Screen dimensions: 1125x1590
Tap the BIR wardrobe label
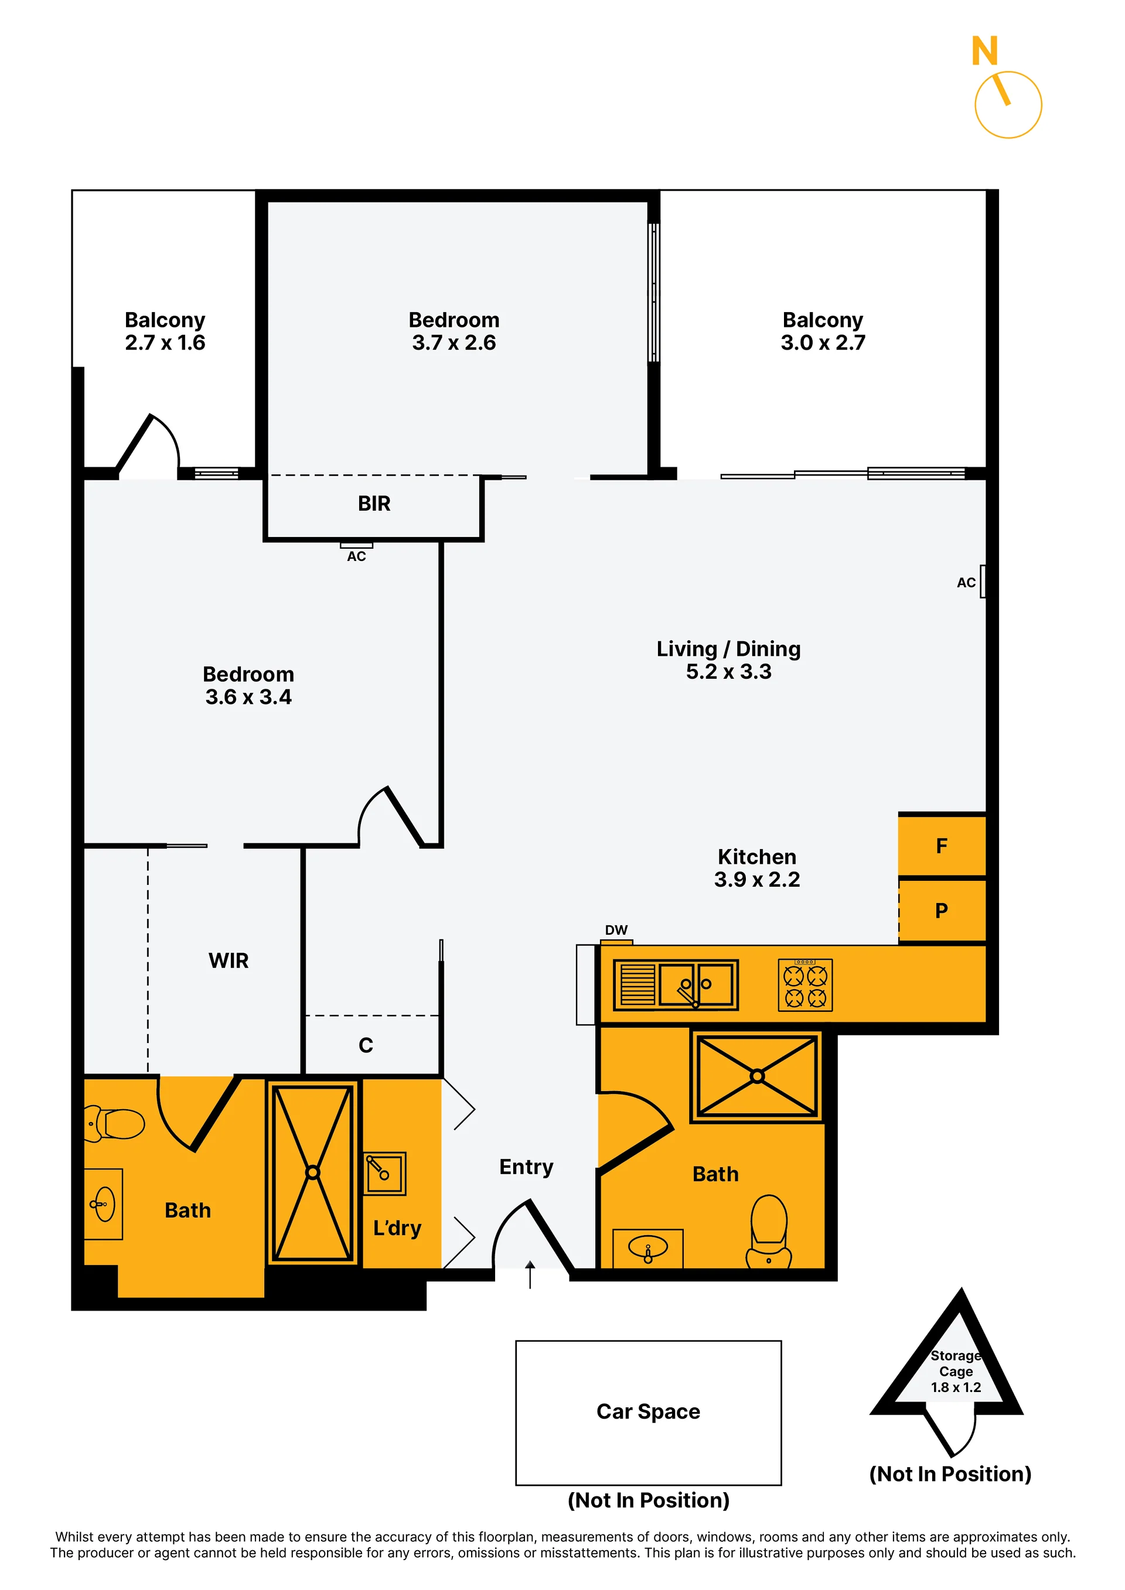coord(374,504)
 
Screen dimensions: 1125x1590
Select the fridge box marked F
coord(942,845)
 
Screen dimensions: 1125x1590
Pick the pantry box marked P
coord(942,910)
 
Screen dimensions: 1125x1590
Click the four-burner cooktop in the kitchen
coord(805,985)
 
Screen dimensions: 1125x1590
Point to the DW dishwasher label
coord(616,930)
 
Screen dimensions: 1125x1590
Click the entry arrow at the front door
coord(530,1274)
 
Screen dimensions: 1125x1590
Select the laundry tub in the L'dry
coord(384,1174)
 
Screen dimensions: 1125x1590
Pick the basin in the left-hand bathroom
coord(104,1204)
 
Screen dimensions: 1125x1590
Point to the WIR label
coord(228,960)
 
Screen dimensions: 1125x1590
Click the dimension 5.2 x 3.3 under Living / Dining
coord(728,672)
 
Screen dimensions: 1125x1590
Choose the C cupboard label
coord(366,1045)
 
